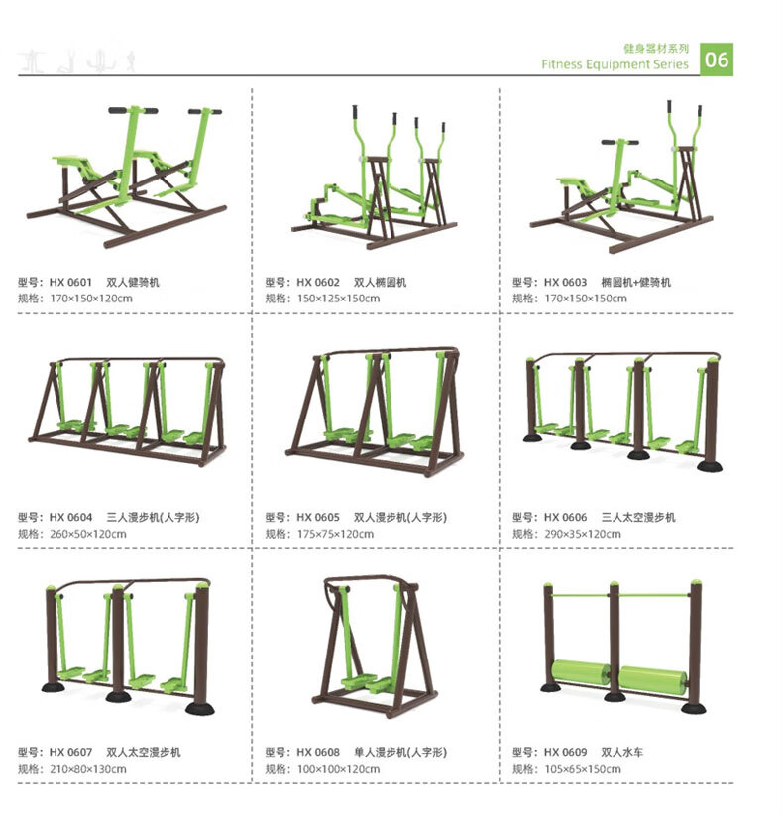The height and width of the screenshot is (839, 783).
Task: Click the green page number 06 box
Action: tap(717, 60)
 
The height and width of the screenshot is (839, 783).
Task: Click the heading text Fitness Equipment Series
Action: tap(615, 64)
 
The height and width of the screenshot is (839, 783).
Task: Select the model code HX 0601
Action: tap(70, 282)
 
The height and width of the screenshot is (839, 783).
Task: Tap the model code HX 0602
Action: tap(318, 282)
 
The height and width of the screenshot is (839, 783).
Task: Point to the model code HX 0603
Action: tap(565, 282)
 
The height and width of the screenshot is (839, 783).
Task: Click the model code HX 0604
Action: tap(70, 517)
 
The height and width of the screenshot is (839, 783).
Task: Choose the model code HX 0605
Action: tap(318, 517)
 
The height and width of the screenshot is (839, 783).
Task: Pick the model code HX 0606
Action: tap(565, 517)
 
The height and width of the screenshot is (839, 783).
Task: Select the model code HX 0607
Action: tap(70, 752)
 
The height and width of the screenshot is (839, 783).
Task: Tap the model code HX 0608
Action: tap(318, 752)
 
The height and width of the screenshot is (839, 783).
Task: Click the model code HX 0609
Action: tap(565, 752)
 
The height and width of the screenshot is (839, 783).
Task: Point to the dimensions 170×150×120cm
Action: tap(91, 299)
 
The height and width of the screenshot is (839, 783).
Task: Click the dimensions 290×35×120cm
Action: tap(583, 534)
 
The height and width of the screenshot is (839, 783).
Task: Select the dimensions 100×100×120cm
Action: tap(339, 769)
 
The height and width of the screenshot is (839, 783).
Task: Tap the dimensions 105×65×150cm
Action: tap(583, 769)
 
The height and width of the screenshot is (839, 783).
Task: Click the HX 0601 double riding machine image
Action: tap(127, 177)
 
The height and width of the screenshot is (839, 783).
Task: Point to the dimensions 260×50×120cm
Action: tap(87, 534)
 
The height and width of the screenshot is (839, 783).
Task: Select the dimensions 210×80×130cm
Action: tap(87, 769)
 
